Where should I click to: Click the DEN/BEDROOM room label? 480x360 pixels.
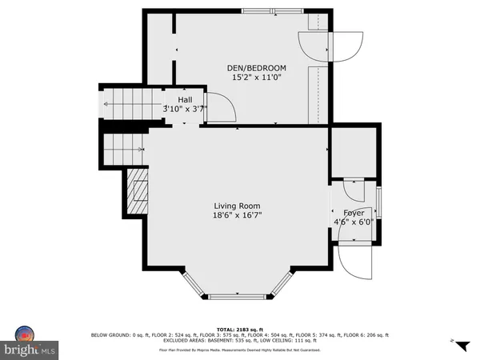click(258, 67)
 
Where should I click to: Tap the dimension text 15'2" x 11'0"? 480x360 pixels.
click(258, 78)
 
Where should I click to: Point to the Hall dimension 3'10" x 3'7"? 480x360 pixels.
click(186, 109)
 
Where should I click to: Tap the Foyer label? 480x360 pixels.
click(354, 214)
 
